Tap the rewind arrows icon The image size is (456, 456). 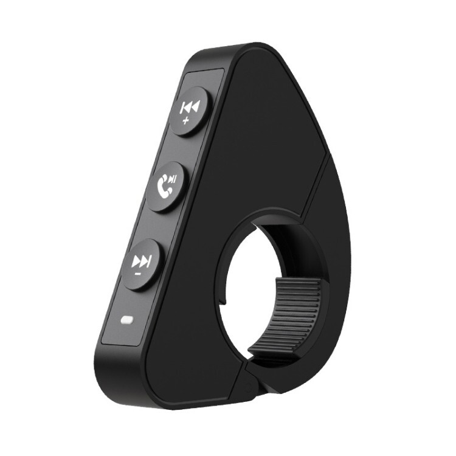click(188, 108)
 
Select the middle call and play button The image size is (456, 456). click(166, 185)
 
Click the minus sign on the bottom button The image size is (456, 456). click(137, 274)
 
